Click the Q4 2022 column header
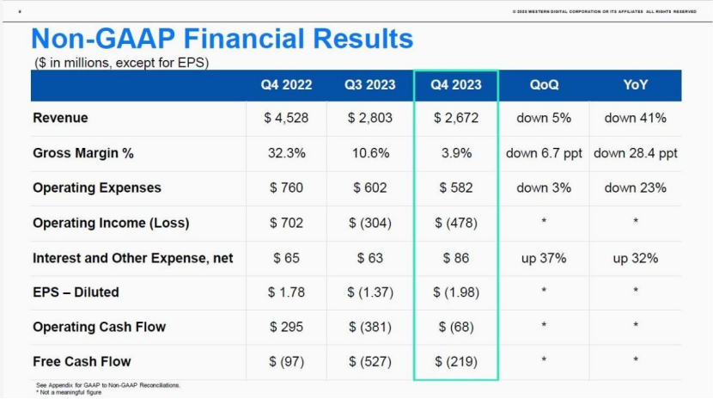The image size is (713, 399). tap(286, 85)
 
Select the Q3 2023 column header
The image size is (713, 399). tap(370, 85)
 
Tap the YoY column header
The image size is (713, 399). tap(636, 85)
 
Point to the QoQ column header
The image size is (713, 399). tap(544, 85)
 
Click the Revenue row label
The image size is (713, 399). tap(60, 118)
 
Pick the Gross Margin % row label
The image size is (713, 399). tap(83, 153)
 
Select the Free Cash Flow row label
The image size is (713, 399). tap(82, 361)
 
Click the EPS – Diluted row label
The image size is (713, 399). tap(76, 292)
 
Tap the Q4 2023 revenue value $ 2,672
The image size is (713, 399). tap(455, 118)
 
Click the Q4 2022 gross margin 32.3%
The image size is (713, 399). tap(286, 153)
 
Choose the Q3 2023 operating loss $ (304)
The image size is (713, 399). tap(370, 223)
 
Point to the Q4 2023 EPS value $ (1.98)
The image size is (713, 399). tap(455, 292)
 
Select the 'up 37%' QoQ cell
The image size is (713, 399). tap(544, 258)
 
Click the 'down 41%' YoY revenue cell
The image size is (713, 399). tap(636, 118)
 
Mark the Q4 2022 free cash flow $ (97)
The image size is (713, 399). tap(286, 361)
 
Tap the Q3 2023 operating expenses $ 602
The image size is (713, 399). tap(370, 187)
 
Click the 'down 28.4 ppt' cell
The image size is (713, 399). tap(636, 153)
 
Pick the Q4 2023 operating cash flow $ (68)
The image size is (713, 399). tap(455, 327)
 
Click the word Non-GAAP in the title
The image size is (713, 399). tap(102, 39)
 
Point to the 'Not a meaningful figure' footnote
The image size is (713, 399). tap(72, 392)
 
